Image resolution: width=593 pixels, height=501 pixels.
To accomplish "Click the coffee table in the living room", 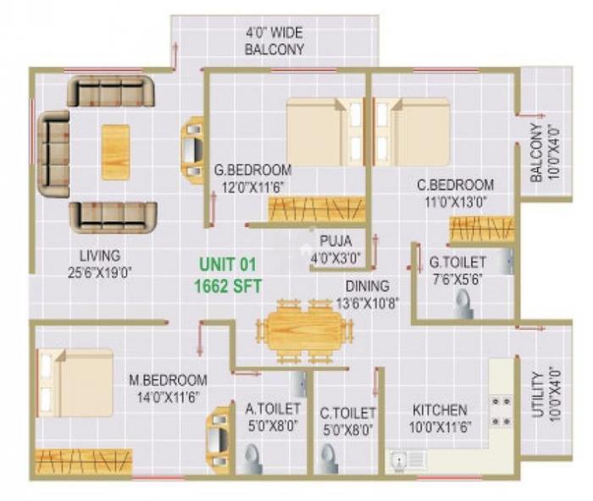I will point(115,152).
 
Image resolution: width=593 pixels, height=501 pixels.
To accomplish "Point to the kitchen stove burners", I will point(501,410).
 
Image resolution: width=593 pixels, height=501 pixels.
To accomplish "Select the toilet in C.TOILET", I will point(328,459).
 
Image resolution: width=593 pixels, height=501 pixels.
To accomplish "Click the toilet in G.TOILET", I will point(463,303).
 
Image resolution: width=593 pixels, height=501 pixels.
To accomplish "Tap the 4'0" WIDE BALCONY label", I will point(274,42).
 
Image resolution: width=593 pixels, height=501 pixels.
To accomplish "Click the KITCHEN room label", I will point(440,410).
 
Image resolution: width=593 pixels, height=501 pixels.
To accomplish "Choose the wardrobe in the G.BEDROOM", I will point(316,209).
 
